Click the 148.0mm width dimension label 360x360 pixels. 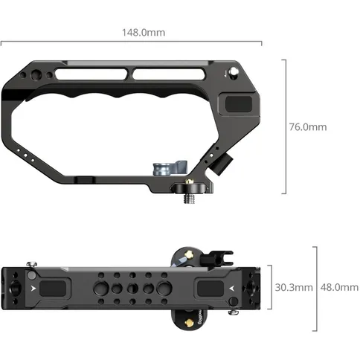coord(144,32)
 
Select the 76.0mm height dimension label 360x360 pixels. coord(307,127)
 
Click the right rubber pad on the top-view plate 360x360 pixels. coord(210,288)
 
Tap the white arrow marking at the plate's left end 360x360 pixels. coord(33,285)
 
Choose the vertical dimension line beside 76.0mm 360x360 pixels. coord(284,126)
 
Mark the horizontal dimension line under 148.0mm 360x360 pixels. coord(144,44)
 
